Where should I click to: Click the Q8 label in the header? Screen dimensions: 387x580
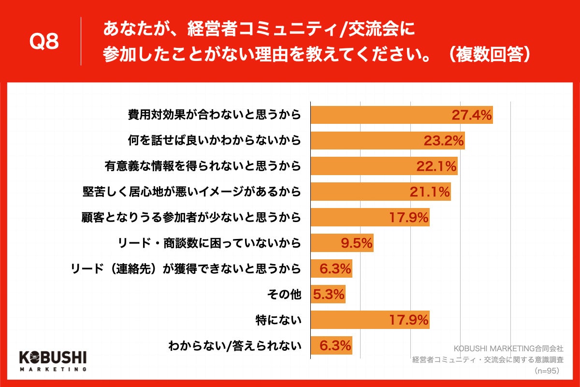point(44,43)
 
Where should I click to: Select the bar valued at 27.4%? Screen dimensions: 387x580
point(401,115)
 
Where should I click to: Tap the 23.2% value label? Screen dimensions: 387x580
point(444,140)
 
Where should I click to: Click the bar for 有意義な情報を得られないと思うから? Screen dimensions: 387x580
point(384,166)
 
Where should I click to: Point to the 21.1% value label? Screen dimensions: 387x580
point(430,192)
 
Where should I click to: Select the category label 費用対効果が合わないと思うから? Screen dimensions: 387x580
point(214,115)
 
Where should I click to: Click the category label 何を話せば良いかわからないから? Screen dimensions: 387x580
point(214,140)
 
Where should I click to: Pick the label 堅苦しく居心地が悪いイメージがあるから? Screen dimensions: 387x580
point(191,192)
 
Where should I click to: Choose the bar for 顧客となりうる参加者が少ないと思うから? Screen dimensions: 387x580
point(370,218)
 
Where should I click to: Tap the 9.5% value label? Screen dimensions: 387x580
point(357,243)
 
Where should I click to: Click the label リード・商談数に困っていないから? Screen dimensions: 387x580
point(209,243)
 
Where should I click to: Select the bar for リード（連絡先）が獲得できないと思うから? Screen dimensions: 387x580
point(331,269)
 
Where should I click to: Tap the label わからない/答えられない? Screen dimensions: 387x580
point(234,346)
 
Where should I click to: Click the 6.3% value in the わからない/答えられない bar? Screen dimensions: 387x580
point(334,346)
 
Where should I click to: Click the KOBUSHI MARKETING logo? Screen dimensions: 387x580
point(53,360)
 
